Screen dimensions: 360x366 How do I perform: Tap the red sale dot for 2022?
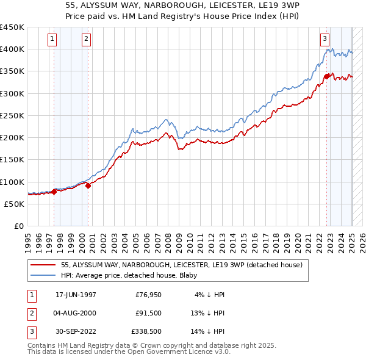point(327,76)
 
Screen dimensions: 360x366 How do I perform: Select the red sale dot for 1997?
point(54,192)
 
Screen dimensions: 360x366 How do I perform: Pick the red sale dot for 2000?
point(88,185)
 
